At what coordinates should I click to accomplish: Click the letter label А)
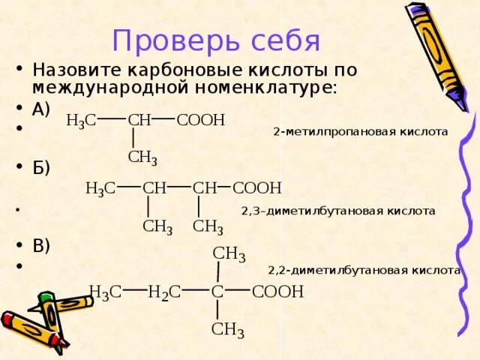pyautogui.click(x=41, y=109)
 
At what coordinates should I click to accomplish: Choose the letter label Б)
pyautogui.click(x=41, y=166)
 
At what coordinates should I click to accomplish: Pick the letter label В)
pyautogui.click(x=41, y=245)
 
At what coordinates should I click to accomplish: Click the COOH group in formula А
pyautogui.click(x=201, y=120)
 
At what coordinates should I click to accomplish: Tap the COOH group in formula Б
pyautogui.click(x=257, y=188)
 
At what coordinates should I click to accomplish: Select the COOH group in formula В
pyautogui.click(x=278, y=292)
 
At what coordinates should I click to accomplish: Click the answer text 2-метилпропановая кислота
pyautogui.click(x=360, y=132)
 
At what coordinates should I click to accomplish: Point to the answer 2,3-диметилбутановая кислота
pyautogui.click(x=337, y=211)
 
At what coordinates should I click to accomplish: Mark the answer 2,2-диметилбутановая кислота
pyautogui.click(x=364, y=270)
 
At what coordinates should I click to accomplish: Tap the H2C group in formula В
pyautogui.click(x=164, y=292)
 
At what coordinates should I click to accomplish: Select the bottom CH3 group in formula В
pyautogui.click(x=228, y=330)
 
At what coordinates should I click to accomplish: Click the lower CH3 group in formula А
pyautogui.click(x=142, y=157)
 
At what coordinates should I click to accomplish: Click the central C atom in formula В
pyautogui.click(x=217, y=292)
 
